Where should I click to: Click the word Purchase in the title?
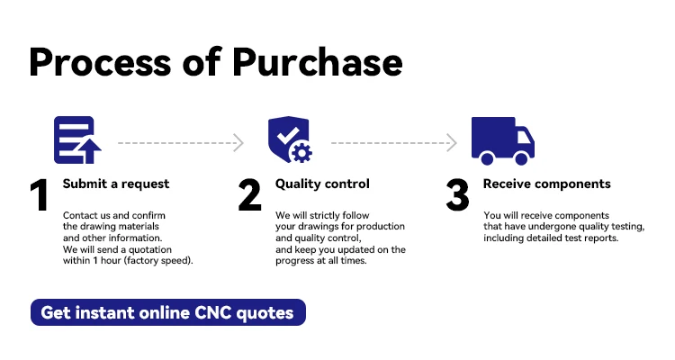[x=318, y=62]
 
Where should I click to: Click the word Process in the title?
[x=99, y=62]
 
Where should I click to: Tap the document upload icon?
[x=77, y=140]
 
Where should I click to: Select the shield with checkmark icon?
[x=290, y=139]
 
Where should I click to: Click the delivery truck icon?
[x=503, y=141]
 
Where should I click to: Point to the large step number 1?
[x=40, y=195]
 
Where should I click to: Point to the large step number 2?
[x=249, y=195]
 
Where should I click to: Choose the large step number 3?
[x=457, y=195]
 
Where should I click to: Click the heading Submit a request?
[x=116, y=184]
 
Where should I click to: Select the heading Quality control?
[x=322, y=184]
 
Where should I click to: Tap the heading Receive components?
[x=546, y=184]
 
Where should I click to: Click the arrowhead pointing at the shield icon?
[x=238, y=143]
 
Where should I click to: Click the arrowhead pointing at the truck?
[x=452, y=143]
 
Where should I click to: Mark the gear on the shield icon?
[x=301, y=153]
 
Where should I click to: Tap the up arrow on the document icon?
[x=89, y=150]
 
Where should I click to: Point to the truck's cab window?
[x=524, y=138]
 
